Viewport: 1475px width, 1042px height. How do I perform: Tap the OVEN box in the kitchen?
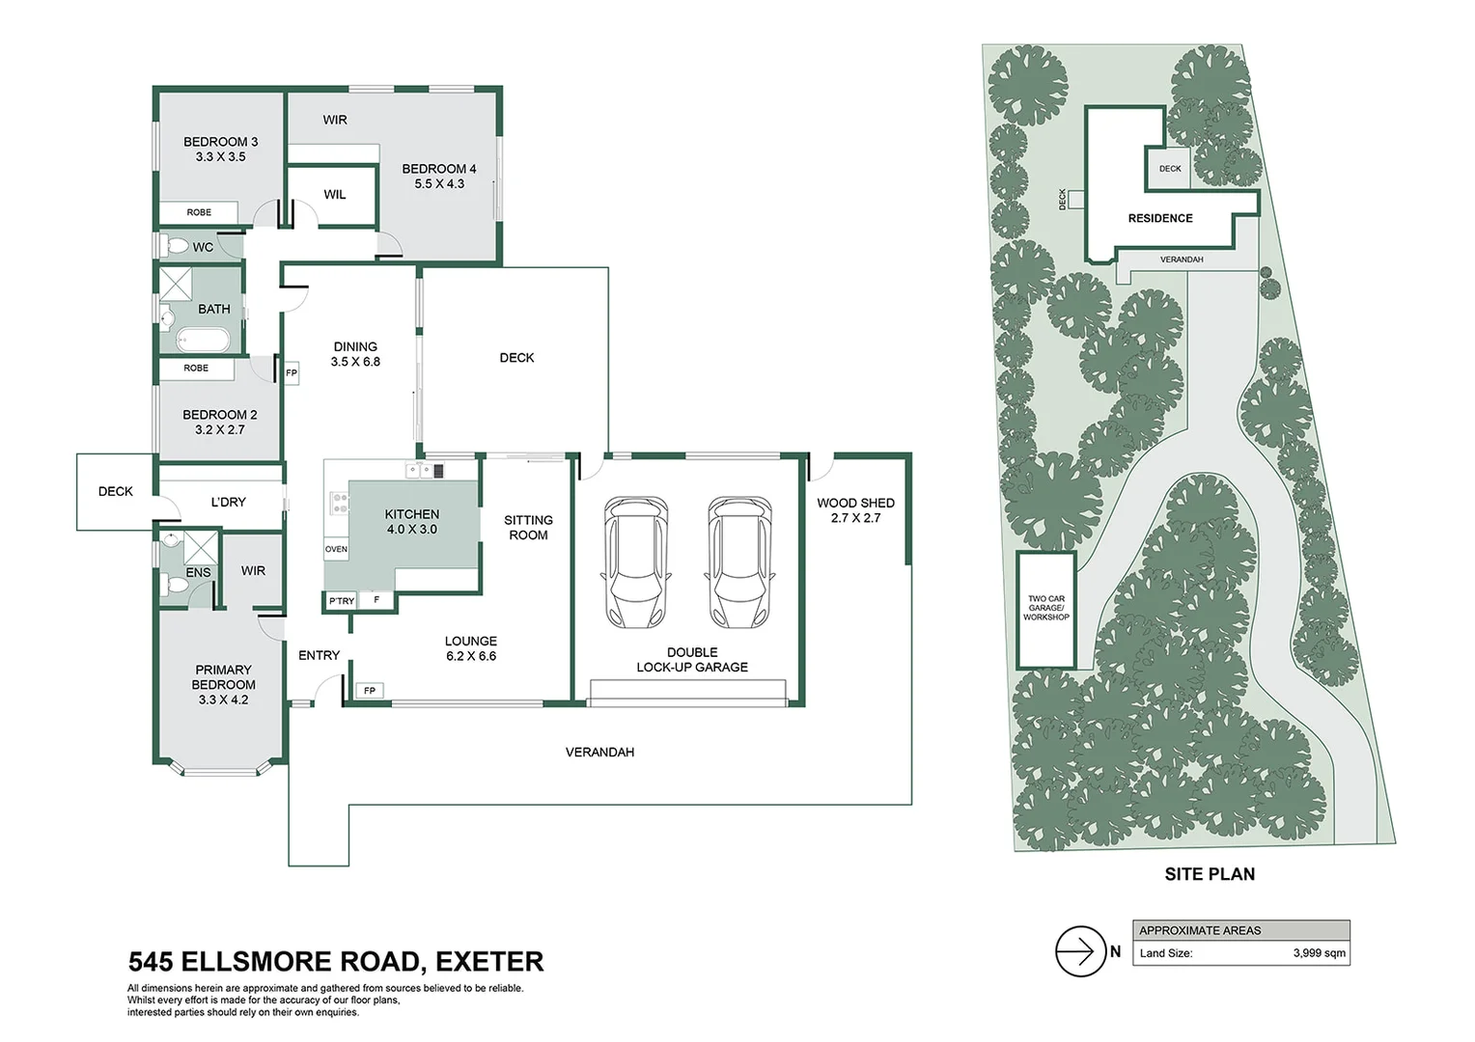[336, 549]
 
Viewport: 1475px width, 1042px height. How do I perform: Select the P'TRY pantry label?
[342, 600]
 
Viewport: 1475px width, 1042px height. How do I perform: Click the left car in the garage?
[636, 562]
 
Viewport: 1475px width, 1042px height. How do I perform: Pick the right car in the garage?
[739, 562]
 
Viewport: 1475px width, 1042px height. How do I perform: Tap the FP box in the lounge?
[370, 691]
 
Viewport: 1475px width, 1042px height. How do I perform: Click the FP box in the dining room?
[292, 373]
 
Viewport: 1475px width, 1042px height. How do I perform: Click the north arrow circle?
[1080, 951]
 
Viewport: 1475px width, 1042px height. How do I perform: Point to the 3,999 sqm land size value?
[1319, 952]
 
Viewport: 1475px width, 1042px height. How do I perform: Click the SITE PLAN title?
[1210, 874]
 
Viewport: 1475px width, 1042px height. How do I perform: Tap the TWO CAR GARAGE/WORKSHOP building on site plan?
[1046, 610]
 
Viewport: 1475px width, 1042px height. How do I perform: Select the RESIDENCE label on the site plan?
[1160, 218]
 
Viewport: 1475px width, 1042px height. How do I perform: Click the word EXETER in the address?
[490, 962]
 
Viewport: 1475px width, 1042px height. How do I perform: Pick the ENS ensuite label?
[198, 573]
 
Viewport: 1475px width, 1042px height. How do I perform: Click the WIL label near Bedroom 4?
[335, 194]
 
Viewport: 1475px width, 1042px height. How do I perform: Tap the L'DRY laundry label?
[228, 502]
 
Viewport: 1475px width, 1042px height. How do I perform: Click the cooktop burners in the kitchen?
[340, 504]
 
